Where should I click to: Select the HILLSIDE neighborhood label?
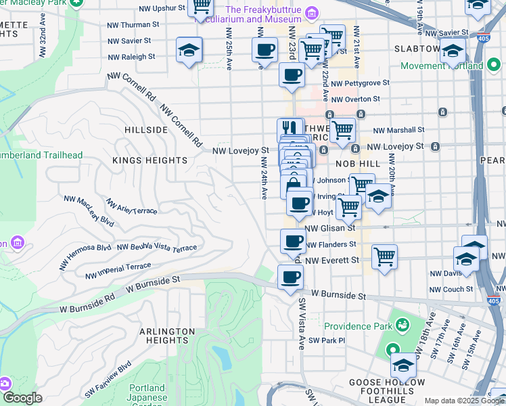click(x=146, y=129)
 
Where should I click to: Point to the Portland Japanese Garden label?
click(x=146, y=393)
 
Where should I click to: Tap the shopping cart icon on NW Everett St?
click(x=384, y=256)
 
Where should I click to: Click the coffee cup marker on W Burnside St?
click(x=291, y=276)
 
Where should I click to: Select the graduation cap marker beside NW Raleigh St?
click(x=189, y=49)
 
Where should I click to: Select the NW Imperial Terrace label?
click(x=118, y=271)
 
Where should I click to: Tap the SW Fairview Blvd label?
click(x=108, y=382)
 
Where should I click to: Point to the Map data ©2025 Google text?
click(x=464, y=401)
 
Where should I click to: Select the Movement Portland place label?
click(x=442, y=66)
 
